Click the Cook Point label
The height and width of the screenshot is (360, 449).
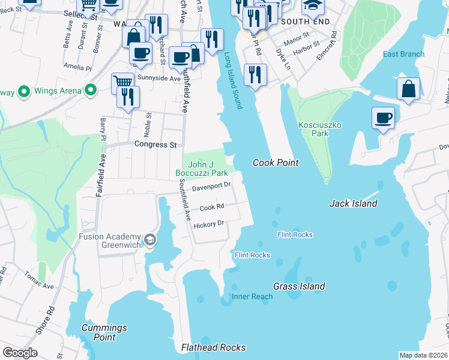276,163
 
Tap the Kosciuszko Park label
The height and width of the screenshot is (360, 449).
313,129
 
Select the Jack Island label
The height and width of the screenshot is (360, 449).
354,203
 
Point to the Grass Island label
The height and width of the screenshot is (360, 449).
299,286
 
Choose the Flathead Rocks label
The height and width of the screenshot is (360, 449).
214,347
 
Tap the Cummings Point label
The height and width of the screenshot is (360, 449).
104,332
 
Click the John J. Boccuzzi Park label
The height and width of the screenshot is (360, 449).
202,169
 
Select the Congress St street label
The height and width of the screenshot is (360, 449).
155,145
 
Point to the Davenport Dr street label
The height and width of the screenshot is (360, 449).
211,187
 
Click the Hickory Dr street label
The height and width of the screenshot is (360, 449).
208,224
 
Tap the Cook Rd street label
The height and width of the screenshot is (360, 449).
212,208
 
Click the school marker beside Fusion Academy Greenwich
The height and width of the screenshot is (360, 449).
149,241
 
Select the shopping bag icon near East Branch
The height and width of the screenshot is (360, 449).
408,89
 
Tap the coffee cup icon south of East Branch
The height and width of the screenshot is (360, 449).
383,118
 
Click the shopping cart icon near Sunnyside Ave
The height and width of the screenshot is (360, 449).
122,82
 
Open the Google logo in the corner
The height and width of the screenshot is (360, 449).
20,353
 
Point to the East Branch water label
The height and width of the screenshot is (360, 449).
403,54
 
